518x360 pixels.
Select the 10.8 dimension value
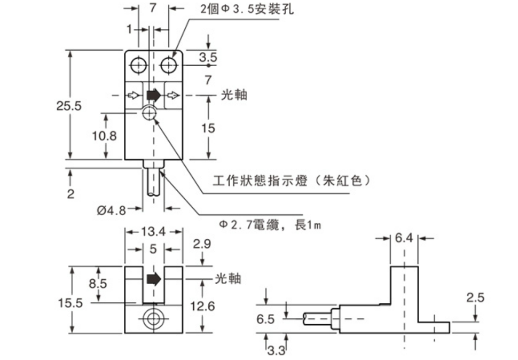pos(104,136)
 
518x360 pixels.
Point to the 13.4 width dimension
pos(154,232)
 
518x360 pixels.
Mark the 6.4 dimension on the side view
pos(404,238)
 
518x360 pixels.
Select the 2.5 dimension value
pos(475,298)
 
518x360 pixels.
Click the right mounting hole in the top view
pos(169,65)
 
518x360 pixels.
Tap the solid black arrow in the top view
pos(153,95)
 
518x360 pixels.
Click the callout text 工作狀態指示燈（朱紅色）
pos(292,181)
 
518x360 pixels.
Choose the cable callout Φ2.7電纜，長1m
pos(267,225)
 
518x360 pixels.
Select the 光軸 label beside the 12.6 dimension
pos(227,278)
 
